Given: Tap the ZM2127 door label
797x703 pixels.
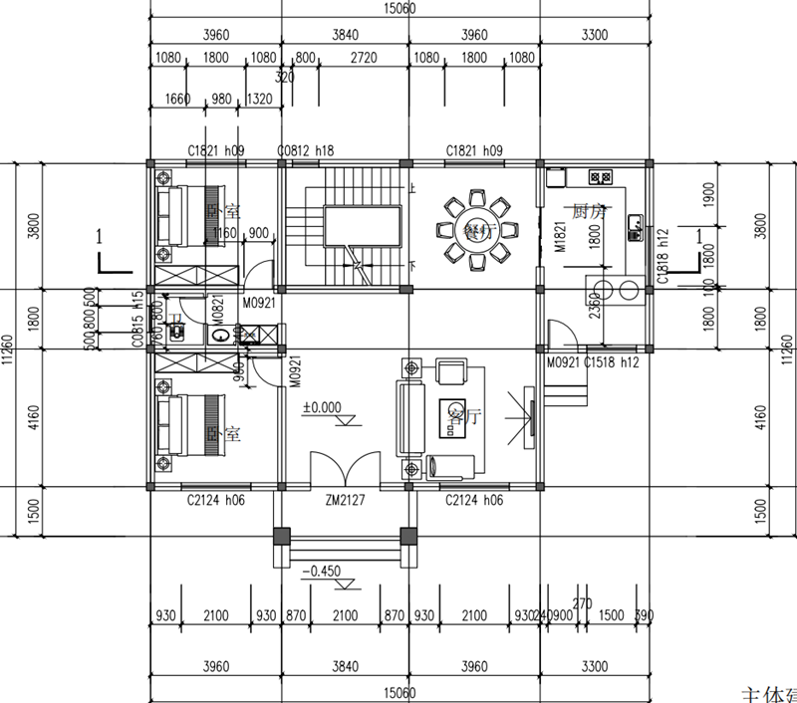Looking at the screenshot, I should (344, 501).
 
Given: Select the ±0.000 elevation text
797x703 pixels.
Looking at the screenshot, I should (322, 407).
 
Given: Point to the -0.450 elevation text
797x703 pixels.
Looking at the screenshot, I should (322, 572).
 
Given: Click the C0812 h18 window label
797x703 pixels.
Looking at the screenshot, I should (305, 150).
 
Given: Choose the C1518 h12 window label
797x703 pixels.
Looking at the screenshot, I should (611, 363).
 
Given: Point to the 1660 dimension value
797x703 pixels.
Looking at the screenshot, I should (177, 99).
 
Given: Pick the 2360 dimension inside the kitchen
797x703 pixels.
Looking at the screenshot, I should (595, 305).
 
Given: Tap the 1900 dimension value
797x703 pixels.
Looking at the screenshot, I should (681, 192).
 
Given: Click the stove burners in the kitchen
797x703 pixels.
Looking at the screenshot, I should (601, 178).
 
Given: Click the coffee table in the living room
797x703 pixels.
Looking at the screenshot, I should (451, 410).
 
